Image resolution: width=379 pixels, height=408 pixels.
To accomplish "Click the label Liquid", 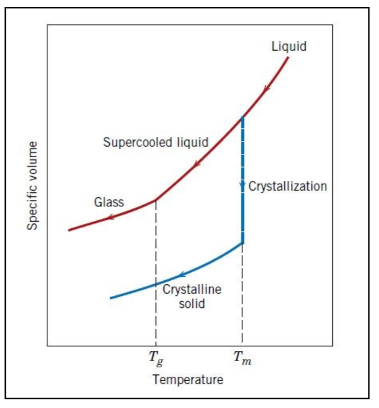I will (289, 47).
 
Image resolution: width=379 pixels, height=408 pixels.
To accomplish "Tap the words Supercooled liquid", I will (155, 142).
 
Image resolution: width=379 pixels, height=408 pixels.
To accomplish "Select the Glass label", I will (109, 202).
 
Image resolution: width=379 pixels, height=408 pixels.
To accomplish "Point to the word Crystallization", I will (288, 186).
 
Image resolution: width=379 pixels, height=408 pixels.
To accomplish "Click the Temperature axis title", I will (188, 380).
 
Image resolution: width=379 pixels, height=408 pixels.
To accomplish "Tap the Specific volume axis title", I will (33, 186).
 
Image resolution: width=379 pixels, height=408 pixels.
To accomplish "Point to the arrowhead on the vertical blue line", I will (243, 186).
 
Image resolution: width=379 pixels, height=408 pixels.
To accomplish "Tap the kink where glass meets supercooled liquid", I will (155, 200).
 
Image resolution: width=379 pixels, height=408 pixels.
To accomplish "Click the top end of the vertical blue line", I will (243, 118).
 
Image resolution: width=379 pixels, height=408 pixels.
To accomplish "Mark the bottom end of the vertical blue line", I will (243, 242).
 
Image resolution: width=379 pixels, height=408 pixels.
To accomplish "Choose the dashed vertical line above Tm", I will (243, 295).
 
